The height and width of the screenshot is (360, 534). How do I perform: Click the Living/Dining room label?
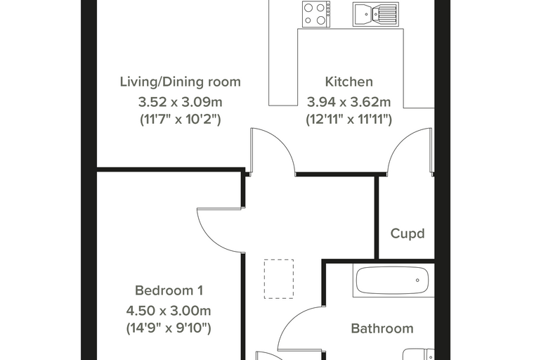coord(180,82)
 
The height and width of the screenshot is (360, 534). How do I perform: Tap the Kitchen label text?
coord(349,82)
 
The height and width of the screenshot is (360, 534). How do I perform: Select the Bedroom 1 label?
coord(169,290)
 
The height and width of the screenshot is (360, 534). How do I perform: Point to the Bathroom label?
coord(382,328)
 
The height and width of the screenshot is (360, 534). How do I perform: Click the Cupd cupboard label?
coord(408,233)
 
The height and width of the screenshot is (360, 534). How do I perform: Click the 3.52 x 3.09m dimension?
coord(180,101)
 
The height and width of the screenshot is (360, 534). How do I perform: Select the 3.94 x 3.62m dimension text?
coord(349,101)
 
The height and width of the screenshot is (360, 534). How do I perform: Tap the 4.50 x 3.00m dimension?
coord(169,311)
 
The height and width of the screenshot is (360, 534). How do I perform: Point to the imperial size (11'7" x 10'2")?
coord(180,120)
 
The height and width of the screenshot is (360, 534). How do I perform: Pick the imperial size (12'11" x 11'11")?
coord(349,120)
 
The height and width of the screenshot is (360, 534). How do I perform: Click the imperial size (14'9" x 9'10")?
coord(169,328)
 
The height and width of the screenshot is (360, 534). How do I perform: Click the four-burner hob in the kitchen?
coord(316,13)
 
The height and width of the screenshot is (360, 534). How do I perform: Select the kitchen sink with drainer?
coord(376,13)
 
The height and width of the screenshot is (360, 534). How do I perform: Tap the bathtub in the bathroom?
coord(392,281)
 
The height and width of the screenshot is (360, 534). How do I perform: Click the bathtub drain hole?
coord(417,281)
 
